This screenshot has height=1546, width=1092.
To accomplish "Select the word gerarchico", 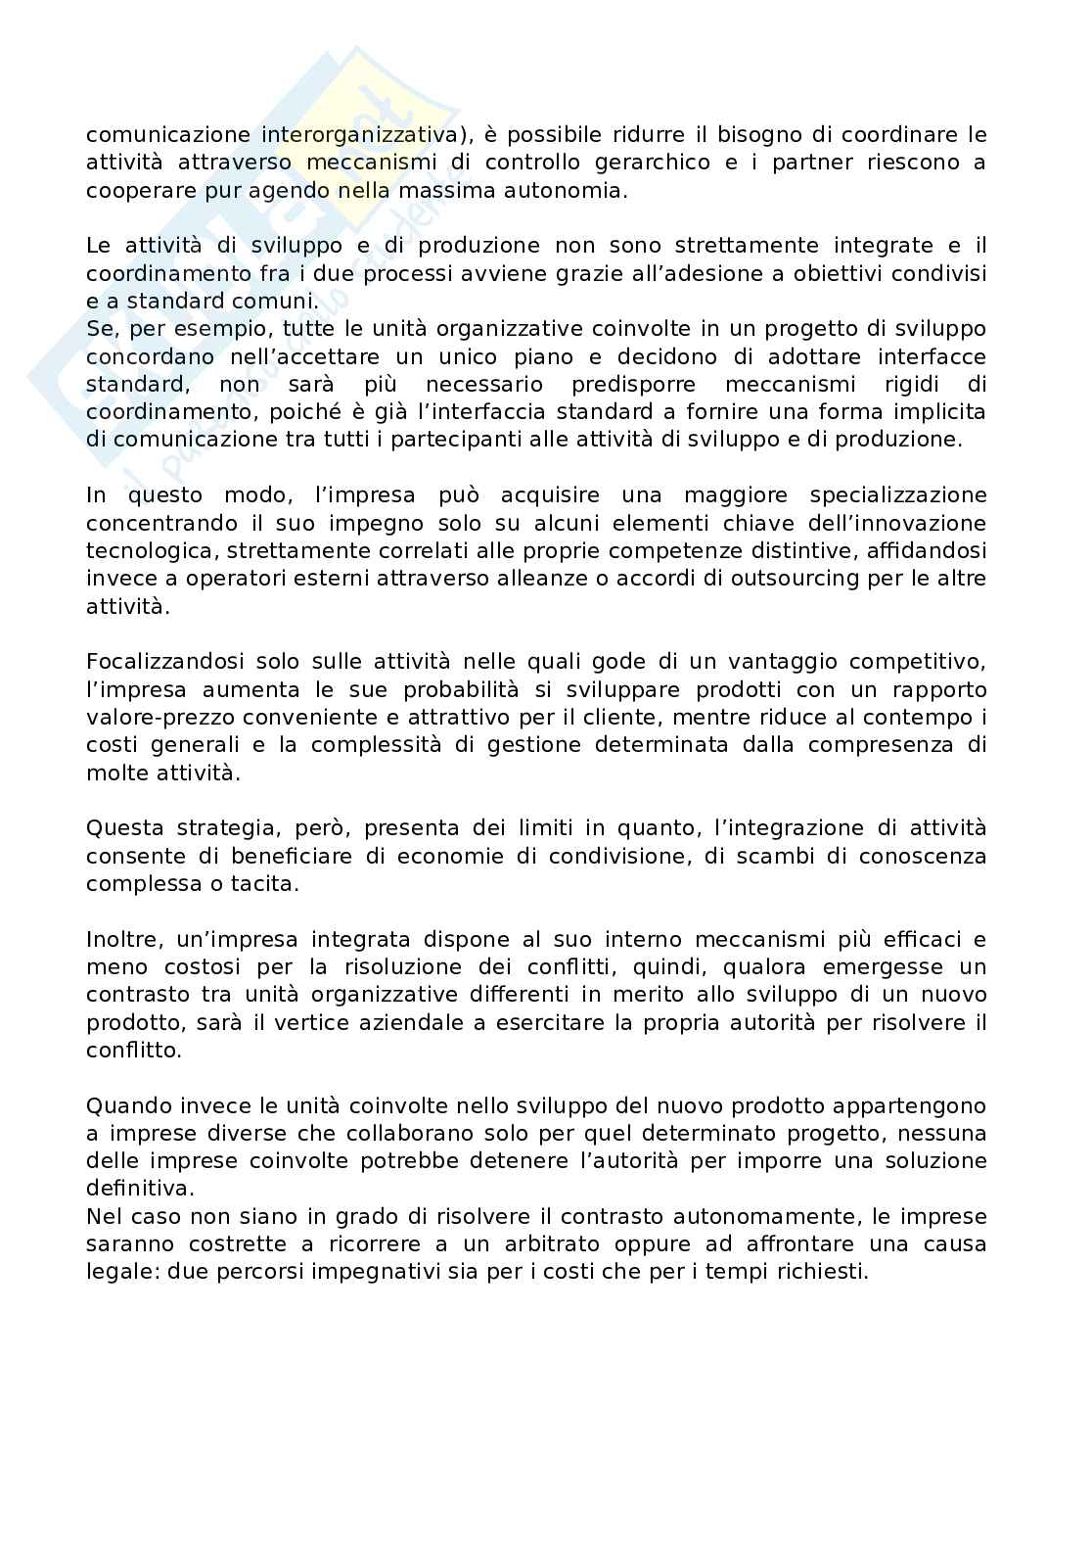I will (655, 162).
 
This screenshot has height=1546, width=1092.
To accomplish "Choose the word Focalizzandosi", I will (163, 662).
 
